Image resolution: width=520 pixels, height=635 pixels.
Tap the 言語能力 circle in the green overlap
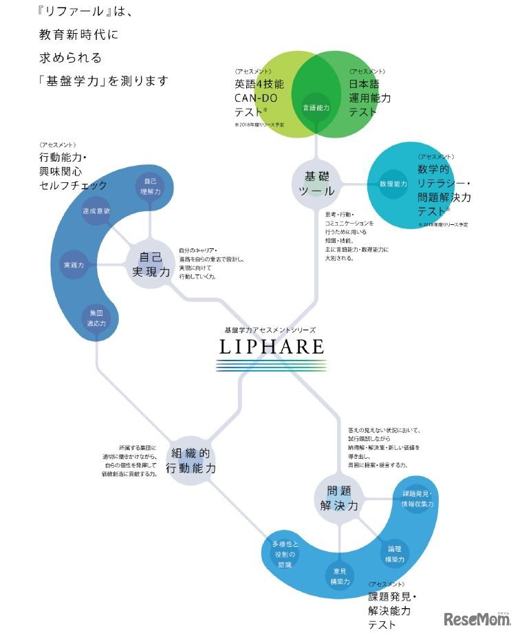point(316,108)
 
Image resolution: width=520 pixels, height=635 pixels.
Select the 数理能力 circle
point(393,184)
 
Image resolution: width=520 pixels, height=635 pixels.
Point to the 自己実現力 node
point(151,265)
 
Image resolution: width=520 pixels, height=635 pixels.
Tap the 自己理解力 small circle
point(149,186)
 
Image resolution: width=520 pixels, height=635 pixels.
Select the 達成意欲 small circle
point(96,213)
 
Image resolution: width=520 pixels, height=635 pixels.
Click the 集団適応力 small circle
point(96,318)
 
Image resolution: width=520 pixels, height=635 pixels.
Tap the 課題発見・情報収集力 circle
point(418,499)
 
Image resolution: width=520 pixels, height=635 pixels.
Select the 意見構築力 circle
point(339,576)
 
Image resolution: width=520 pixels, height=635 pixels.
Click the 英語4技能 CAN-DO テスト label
point(260,98)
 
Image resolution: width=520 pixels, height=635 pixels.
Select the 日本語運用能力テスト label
point(369,98)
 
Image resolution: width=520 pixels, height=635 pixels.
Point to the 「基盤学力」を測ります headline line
point(104,80)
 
